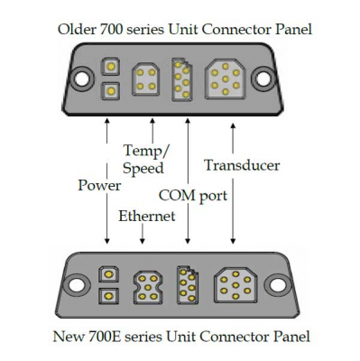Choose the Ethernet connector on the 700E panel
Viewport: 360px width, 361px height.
[147, 286]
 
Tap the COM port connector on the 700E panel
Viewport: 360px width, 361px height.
[188, 286]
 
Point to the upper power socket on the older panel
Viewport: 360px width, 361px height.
[110, 67]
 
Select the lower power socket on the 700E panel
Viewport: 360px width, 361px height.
[108, 296]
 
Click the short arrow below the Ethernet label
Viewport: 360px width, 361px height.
[143, 236]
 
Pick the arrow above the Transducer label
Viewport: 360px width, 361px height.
[234, 135]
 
